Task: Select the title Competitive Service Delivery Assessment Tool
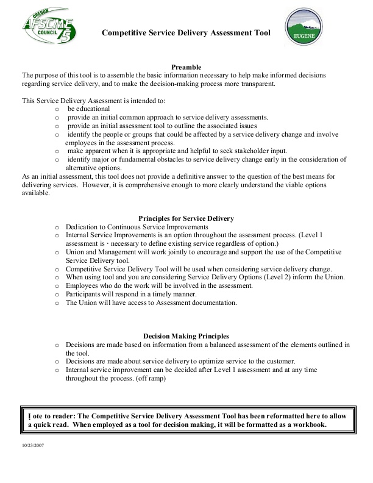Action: click(x=186, y=34)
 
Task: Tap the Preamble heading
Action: click(x=186, y=66)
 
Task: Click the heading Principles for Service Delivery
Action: click(x=186, y=218)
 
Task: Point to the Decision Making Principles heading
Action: click(x=186, y=336)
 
